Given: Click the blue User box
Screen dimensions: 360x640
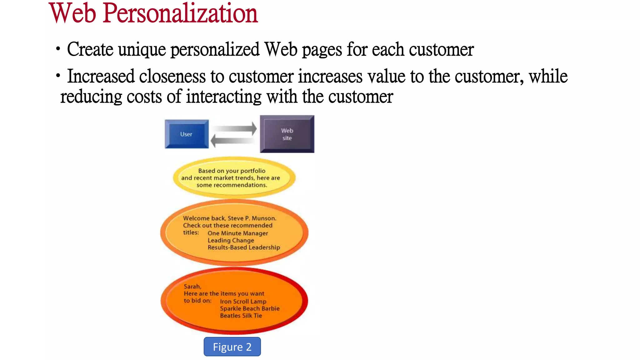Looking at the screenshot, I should [187, 134].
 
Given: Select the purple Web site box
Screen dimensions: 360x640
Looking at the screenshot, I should [287, 134].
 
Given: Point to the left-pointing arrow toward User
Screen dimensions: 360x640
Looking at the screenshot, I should [233, 141].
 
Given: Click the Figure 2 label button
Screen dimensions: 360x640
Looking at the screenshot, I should [232, 347].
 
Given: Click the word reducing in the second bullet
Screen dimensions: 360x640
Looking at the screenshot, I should [91, 97].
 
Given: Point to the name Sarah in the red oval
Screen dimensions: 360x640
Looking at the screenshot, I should [192, 287].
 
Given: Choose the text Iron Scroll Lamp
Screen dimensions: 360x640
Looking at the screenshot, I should [243, 302].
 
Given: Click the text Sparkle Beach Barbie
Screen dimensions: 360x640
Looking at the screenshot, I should [250, 308].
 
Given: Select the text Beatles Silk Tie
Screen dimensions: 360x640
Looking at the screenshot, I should [241, 316].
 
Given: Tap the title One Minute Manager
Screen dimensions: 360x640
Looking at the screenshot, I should [238, 233].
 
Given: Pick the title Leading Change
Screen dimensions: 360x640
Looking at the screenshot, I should [231, 240].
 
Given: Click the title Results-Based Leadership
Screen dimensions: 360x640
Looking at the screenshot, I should [244, 247].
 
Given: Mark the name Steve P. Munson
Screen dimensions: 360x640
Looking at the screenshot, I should [252, 218].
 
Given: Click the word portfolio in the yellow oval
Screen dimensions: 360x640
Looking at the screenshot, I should [253, 171].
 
